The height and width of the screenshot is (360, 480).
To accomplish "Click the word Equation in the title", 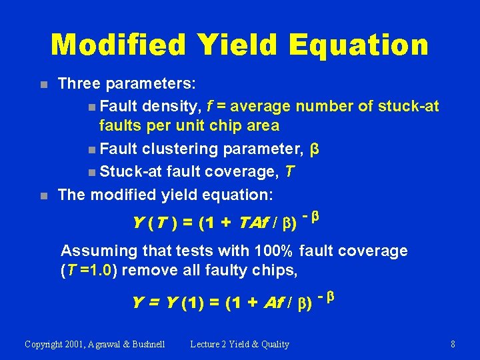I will coord(359,45).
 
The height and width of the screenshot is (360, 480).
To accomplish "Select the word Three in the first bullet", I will coord(79,84).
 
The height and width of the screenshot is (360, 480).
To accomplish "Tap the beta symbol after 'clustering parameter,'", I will coord(315,149).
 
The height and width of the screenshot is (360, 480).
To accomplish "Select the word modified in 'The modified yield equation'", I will coord(125,195).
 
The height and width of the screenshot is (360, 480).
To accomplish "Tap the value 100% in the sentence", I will coord(274,251).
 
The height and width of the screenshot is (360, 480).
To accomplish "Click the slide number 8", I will coord(453,345).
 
